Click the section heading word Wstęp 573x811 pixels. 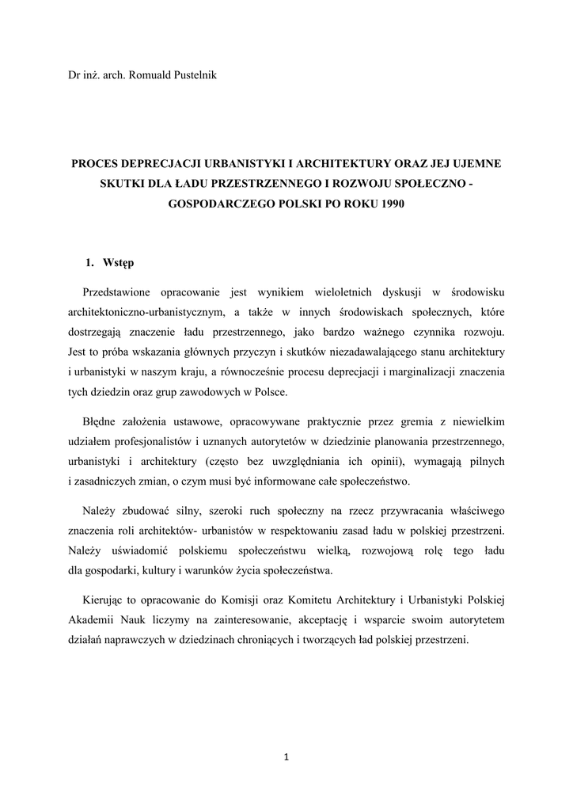pos(119,262)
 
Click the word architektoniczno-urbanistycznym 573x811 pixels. pos(136,313)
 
